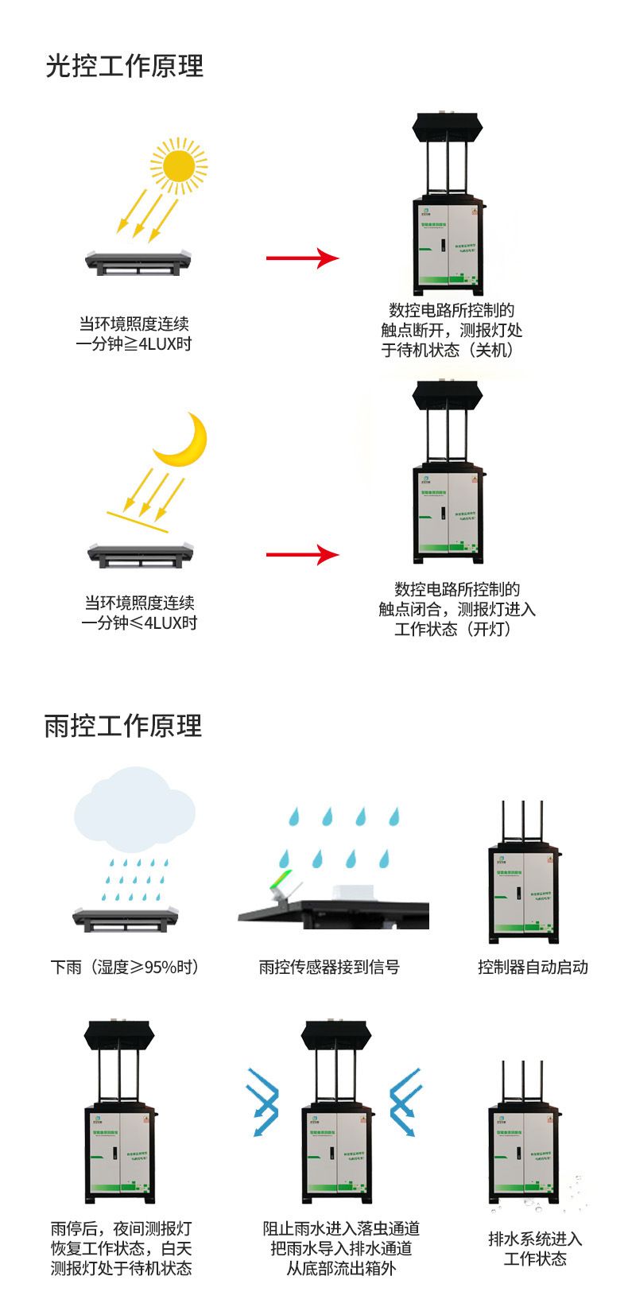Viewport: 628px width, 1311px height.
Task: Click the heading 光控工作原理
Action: pyautogui.click(x=125, y=66)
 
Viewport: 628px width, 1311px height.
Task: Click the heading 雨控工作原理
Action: pyautogui.click(x=123, y=726)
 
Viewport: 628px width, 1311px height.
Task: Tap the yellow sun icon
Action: pyautogui.click(x=178, y=165)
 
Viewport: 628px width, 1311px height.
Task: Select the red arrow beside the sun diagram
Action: pyautogui.click(x=302, y=258)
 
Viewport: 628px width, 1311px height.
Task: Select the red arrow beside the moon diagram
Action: pyautogui.click(x=302, y=554)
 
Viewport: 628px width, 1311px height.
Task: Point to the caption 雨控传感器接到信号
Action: pyautogui.click(x=329, y=967)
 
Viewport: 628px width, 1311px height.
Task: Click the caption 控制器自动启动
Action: pyautogui.click(x=533, y=967)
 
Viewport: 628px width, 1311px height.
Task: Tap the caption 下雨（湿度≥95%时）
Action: pyautogui.click(x=125, y=967)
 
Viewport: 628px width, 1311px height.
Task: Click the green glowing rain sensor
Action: pyautogui.click(x=281, y=882)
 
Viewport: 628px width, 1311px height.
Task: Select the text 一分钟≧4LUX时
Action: pyautogui.click(x=134, y=344)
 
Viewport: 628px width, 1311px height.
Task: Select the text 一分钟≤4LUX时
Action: pyautogui.click(x=139, y=623)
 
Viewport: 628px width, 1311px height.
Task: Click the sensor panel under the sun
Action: pyautogui.click(x=140, y=261)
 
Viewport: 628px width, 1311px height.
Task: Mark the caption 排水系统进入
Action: pyautogui.click(x=535, y=1239)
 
